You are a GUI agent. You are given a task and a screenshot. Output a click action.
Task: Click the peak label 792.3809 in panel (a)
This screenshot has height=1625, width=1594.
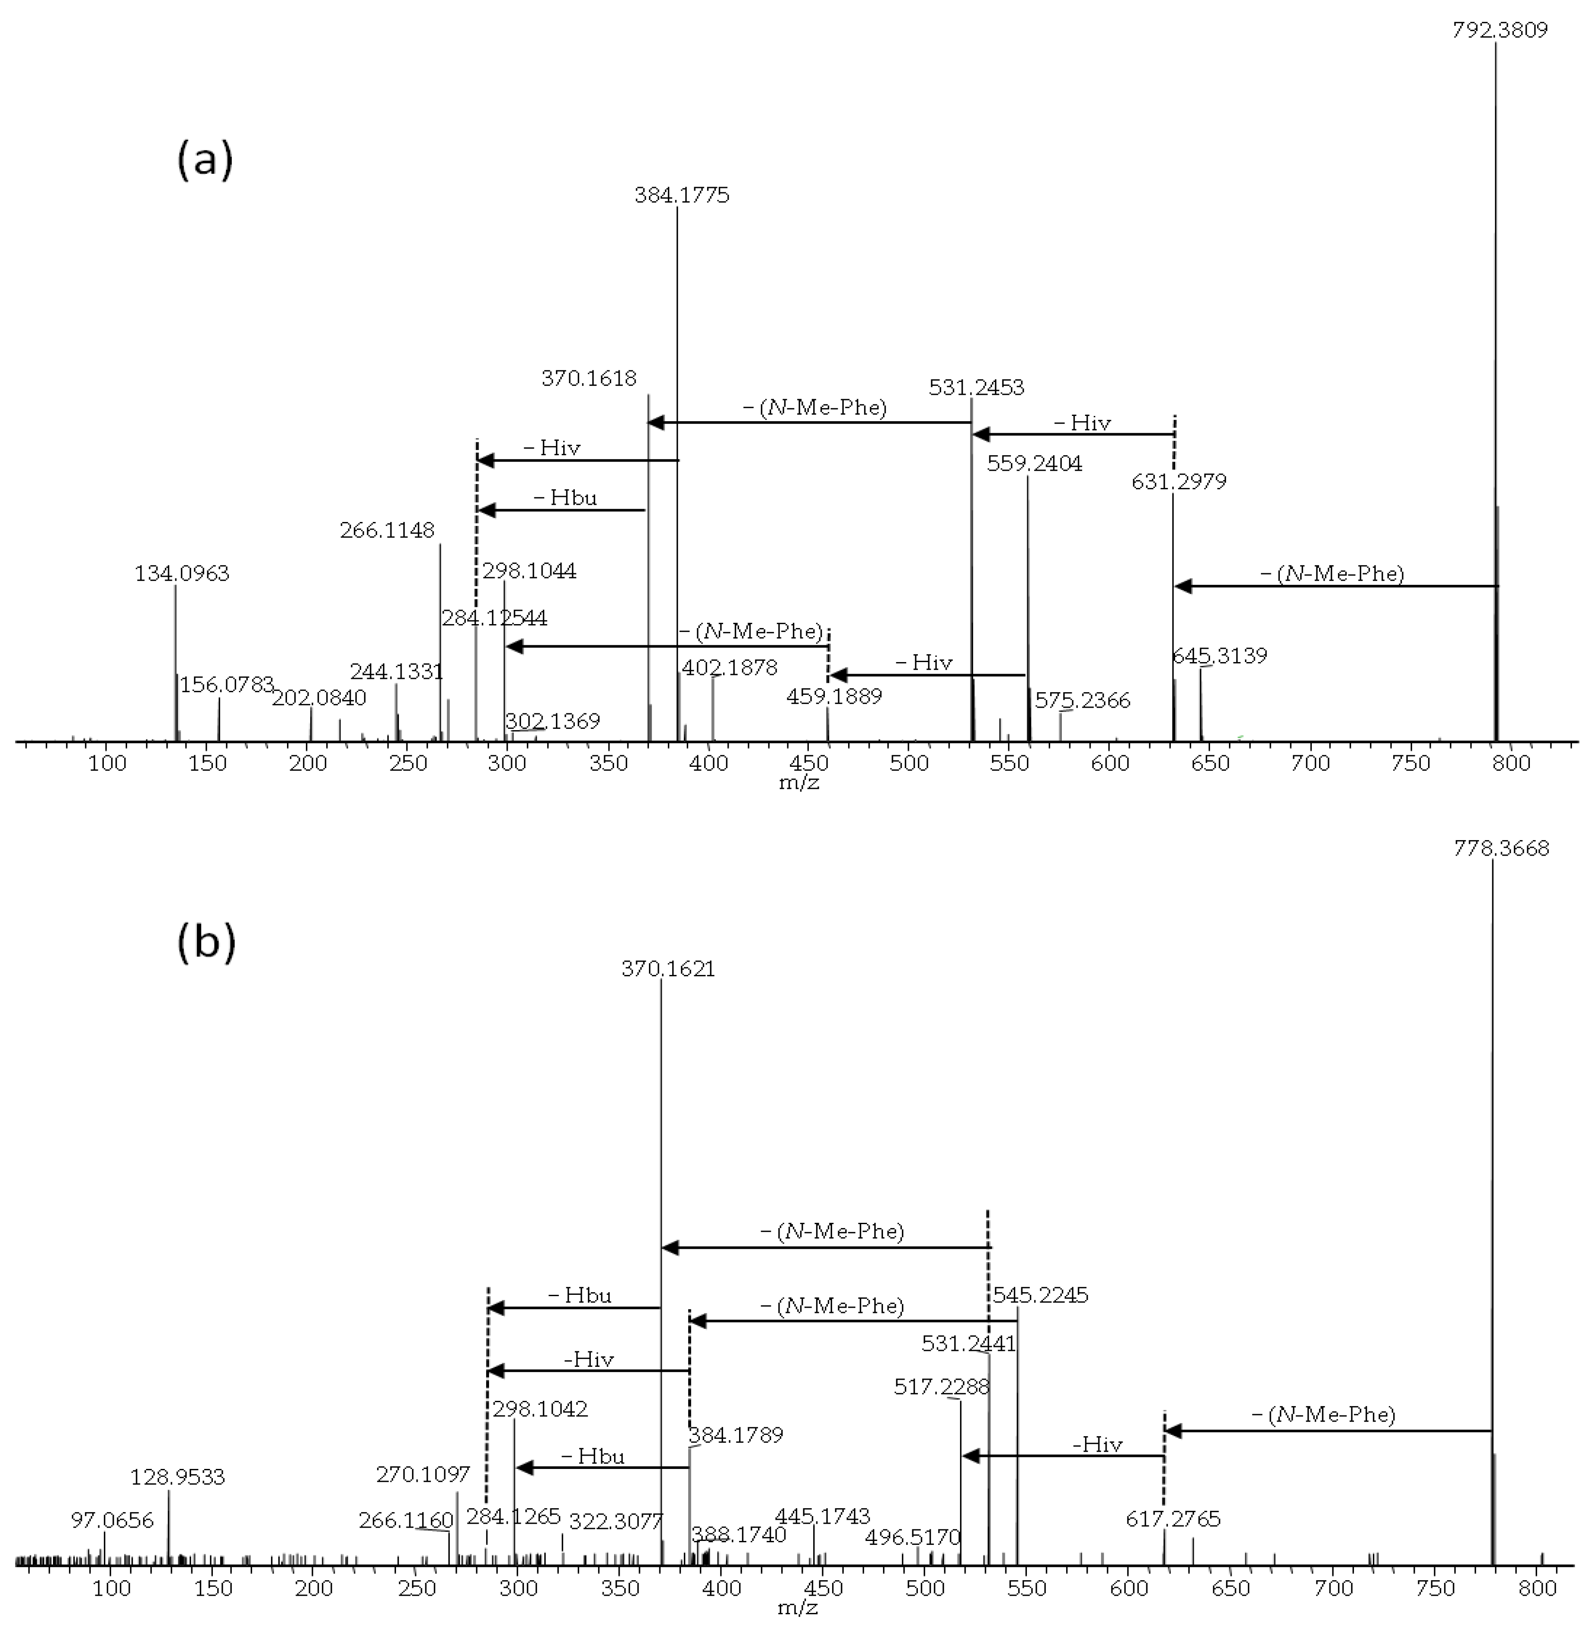tap(1499, 31)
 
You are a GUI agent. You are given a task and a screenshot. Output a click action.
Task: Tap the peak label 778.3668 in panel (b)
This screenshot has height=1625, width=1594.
tap(1501, 849)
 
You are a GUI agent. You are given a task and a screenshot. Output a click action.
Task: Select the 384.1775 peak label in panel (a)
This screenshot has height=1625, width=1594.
tap(681, 196)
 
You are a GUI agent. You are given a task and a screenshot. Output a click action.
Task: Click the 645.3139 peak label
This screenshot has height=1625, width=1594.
tap(1219, 656)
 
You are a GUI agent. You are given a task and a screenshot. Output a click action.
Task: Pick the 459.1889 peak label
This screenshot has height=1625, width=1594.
tap(834, 697)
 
